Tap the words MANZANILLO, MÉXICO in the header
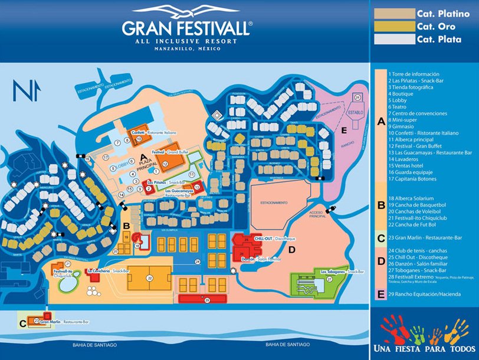(186, 48)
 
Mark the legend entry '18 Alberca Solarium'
(411, 198)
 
